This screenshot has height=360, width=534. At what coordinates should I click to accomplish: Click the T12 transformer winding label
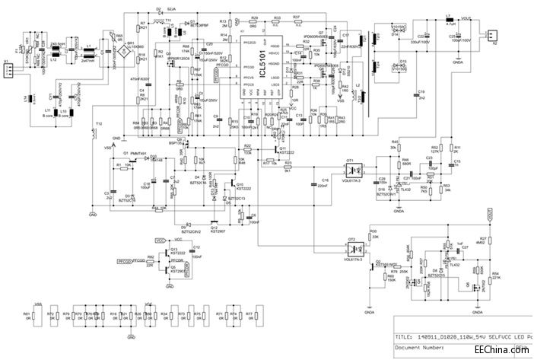(x=98, y=124)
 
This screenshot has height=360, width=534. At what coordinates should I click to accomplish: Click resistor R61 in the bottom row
(x=28, y=313)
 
